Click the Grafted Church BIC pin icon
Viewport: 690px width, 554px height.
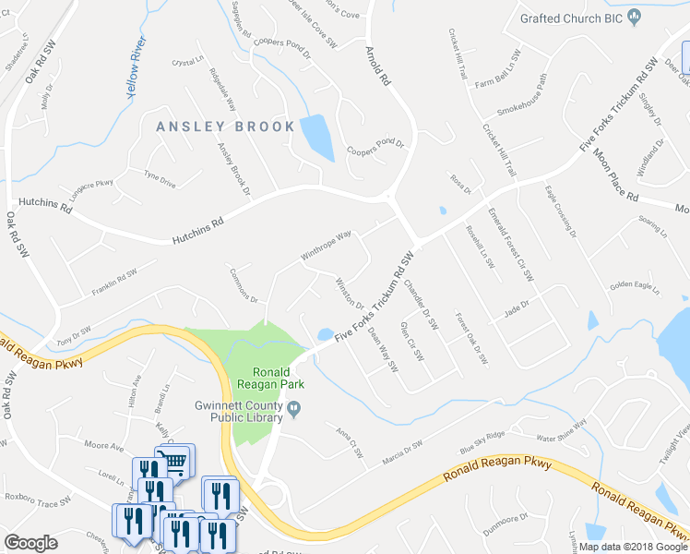[x=634, y=17]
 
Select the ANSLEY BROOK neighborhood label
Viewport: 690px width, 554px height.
[x=225, y=126]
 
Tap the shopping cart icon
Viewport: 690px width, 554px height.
[x=178, y=459]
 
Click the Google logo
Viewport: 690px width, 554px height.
[x=31, y=543]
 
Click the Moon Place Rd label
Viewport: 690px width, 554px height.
[x=615, y=175]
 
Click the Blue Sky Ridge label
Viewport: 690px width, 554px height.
[x=483, y=443]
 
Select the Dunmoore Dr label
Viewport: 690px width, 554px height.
[x=504, y=520]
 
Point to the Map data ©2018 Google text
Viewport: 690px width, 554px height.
[x=631, y=547]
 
